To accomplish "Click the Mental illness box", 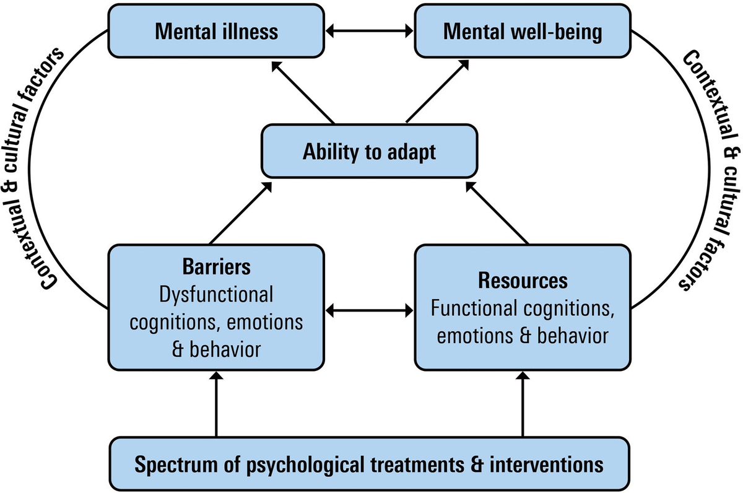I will coord(217,31).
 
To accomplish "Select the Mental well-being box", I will coord(523,31).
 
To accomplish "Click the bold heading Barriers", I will coord(217,267).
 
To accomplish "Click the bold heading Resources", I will coord(523,281).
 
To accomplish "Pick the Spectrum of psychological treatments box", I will coord(370,463).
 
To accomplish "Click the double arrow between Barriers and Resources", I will coord(370,308).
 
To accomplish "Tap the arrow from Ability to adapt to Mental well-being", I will coord(437,92).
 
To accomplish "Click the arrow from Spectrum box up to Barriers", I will coord(217,405).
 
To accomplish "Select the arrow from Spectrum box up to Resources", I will coord(523,405).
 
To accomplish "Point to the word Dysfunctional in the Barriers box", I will coord(217,295).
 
